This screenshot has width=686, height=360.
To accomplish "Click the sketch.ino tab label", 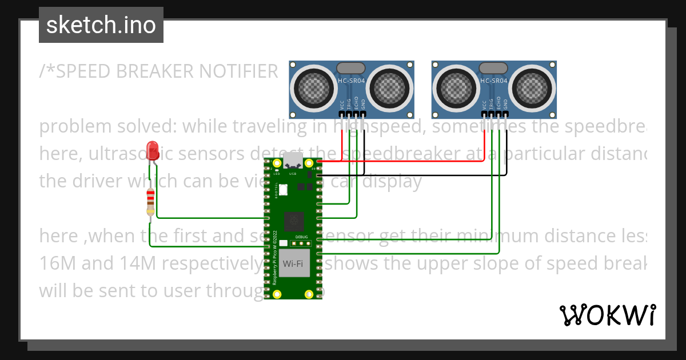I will click(x=101, y=25).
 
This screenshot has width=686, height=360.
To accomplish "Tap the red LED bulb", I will click(x=153, y=150).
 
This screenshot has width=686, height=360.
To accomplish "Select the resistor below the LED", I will click(x=150, y=203).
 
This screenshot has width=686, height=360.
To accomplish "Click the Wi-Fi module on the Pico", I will click(x=294, y=263).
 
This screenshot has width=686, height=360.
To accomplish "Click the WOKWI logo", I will click(x=607, y=315).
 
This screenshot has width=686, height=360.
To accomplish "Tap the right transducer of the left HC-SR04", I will click(x=390, y=89).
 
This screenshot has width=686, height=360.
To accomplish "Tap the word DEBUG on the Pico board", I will click(x=301, y=236).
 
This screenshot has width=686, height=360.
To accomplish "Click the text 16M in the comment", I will click(x=55, y=263).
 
